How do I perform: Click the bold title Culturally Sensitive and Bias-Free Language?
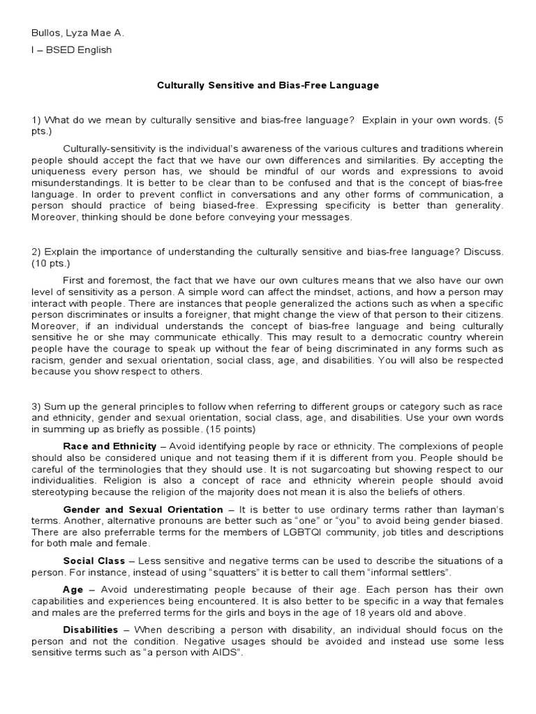[x=267, y=85]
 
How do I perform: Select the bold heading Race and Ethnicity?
[x=110, y=446]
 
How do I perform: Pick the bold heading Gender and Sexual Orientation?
[x=143, y=510]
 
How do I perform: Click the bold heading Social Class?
[x=94, y=561]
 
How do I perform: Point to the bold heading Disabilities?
[x=91, y=630]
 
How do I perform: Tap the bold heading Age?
[x=73, y=589]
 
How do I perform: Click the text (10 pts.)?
[x=50, y=264]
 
